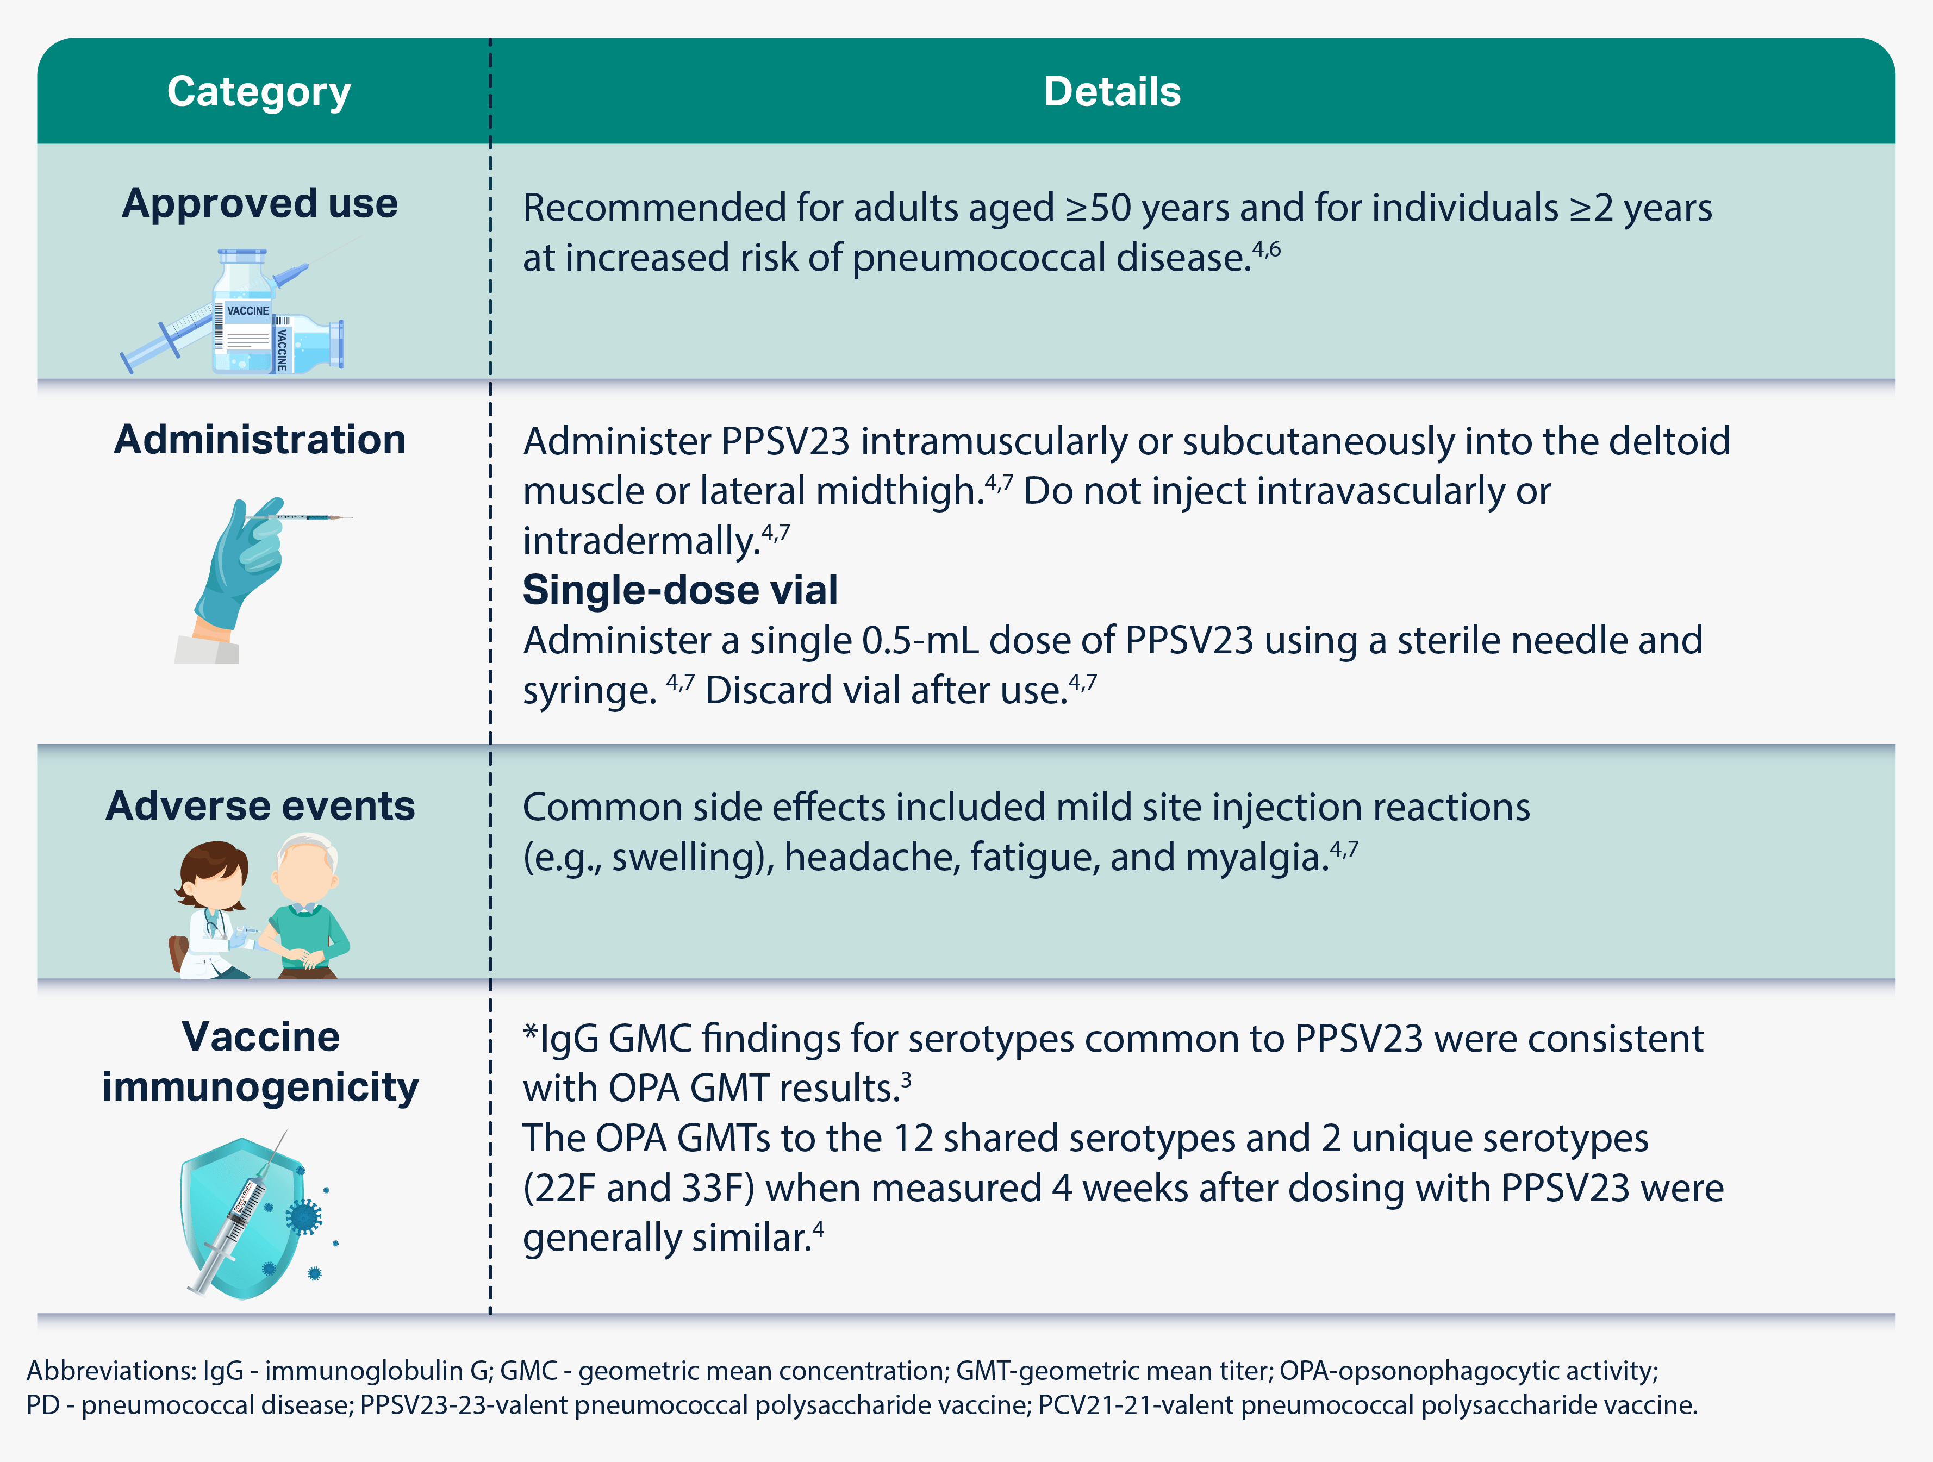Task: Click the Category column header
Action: pos(259,92)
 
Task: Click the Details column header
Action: pos(1112,92)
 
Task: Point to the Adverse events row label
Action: pos(259,805)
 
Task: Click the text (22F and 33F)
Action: pos(640,1189)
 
